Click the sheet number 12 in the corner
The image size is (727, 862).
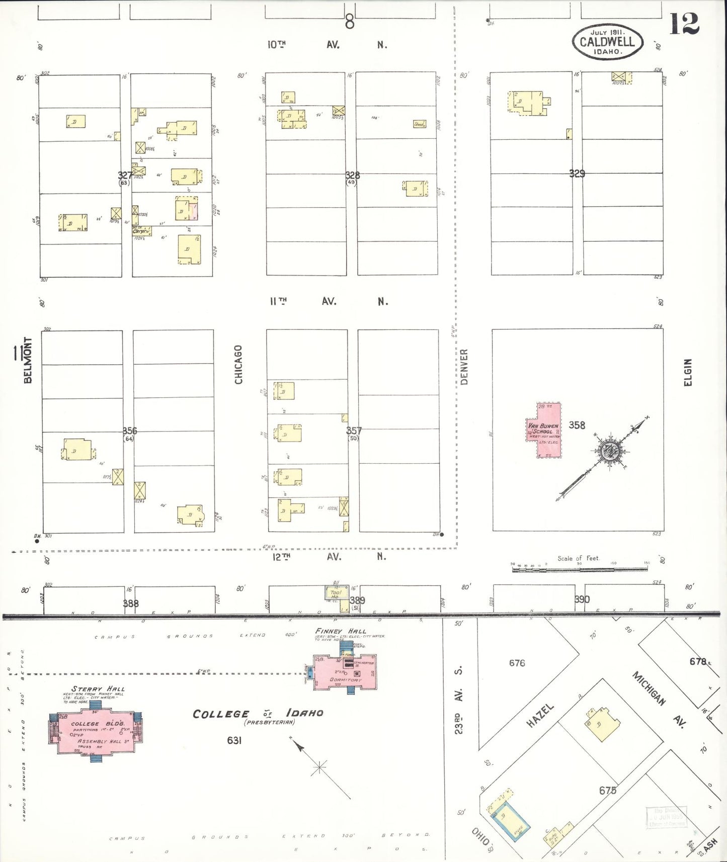684,24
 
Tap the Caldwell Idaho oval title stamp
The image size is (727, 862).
607,42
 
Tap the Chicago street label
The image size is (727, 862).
238,365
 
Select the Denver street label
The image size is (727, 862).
464,367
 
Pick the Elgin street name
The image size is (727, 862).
688,373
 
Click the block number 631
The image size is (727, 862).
234,740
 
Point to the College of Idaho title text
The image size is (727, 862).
258,714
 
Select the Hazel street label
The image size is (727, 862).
540,715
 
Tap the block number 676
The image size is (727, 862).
517,663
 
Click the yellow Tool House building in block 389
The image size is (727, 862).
336,593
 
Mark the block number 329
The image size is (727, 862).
577,174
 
